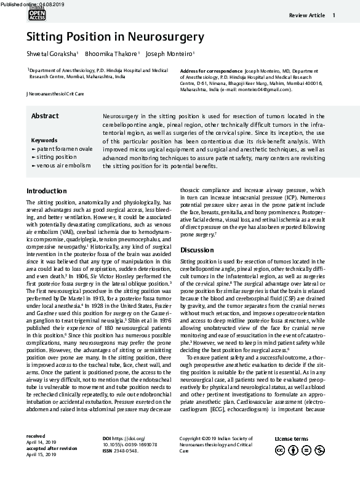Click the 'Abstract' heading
(45, 116)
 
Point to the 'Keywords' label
(44, 140)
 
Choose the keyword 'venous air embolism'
(63, 166)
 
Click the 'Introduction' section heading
(47, 191)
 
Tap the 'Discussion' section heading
(196, 250)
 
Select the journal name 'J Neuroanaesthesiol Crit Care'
(55, 94)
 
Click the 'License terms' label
(290, 438)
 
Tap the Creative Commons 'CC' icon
(281, 451)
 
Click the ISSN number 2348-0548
(129, 451)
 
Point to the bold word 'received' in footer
(36, 436)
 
